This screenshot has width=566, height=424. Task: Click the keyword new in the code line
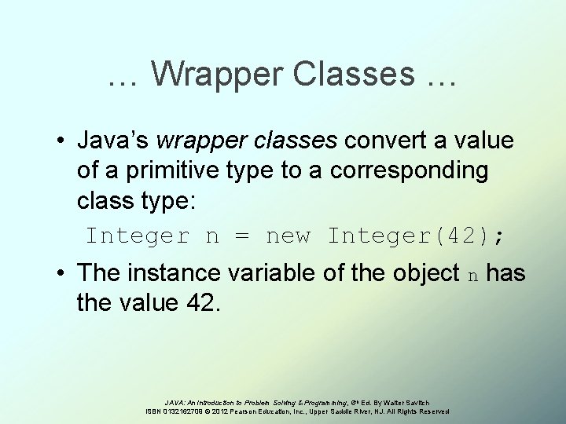289,236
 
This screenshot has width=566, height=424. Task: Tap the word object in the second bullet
424,274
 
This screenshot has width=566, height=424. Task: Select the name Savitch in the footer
438,403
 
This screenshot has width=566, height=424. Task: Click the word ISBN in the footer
155,411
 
